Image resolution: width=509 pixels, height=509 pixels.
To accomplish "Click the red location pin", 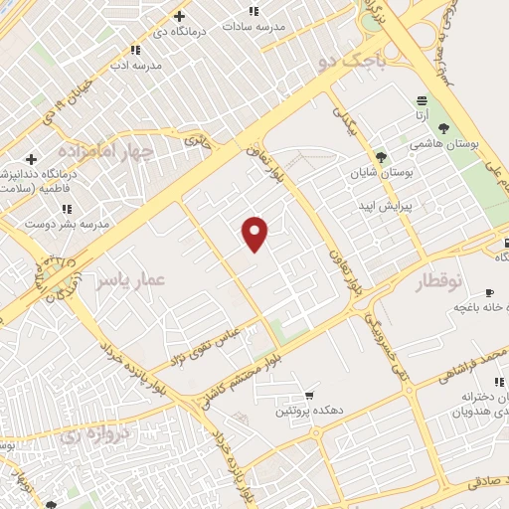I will click(x=255, y=233).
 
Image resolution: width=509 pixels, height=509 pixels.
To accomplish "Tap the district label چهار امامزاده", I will click(x=105, y=151).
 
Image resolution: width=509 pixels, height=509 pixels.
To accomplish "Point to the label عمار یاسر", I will click(x=129, y=279).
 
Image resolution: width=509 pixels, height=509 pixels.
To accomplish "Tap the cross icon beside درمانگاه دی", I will click(x=179, y=16).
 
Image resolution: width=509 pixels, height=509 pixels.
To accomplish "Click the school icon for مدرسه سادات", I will click(x=254, y=11).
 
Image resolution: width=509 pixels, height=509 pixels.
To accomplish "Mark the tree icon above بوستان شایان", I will click(x=381, y=156).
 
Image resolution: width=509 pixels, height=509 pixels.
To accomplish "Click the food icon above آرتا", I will click(x=423, y=99).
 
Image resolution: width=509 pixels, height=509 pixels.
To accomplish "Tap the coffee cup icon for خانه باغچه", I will click(x=488, y=292).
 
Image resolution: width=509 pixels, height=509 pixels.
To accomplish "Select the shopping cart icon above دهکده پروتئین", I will click(x=310, y=394).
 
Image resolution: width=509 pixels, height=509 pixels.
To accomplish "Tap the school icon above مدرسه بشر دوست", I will click(x=67, y=209).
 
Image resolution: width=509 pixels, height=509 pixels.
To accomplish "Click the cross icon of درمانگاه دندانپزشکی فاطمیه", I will click(x=31, y=159).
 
